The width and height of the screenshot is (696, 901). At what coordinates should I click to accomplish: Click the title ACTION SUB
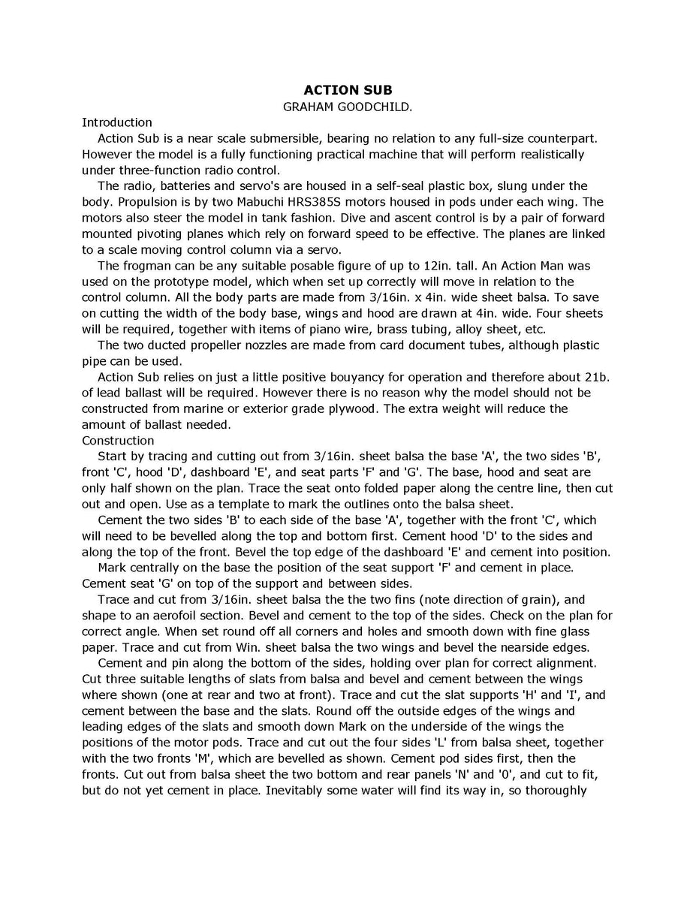[348, 91]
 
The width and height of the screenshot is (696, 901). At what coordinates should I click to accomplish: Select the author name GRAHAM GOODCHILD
[348, 107]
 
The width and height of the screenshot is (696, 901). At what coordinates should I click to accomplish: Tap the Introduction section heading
[117, 122]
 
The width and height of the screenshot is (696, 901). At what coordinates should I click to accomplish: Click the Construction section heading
[118, 440]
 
